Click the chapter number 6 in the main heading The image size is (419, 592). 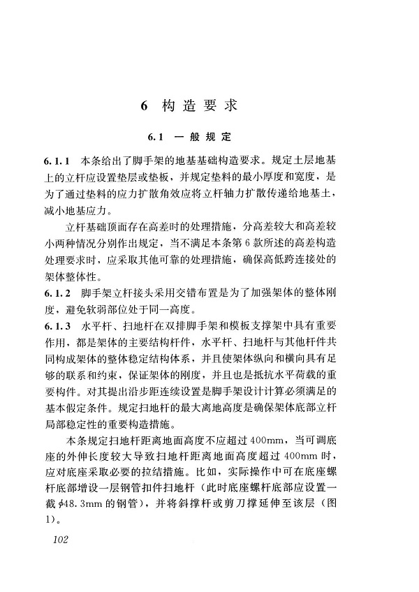pos(144,106)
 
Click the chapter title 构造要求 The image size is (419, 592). pos(200,106)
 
